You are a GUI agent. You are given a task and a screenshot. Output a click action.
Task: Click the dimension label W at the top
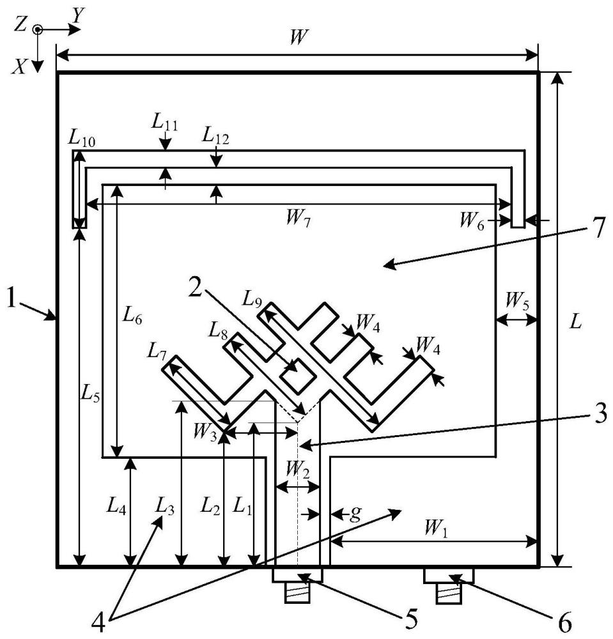tap(298, 38)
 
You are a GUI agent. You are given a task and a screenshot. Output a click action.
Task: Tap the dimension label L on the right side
tap(575, 322)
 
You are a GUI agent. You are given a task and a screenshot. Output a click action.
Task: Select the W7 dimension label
tap(298, 219)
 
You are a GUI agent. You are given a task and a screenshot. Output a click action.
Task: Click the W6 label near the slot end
tap(472, 222)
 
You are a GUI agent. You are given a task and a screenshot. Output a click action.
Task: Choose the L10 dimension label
tap(82, 139)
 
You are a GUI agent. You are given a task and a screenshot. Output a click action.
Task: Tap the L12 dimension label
tap(215, 137)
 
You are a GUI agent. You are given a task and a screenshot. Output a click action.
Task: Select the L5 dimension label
tap(90, 393)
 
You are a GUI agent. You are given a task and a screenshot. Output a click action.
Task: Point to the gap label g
tap(355, 514)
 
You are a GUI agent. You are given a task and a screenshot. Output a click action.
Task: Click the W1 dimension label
tap(436, 528)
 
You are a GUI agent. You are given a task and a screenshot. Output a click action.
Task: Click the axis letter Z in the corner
tap(21, 25)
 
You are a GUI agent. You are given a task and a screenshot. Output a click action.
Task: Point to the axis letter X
tap(20, 66)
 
